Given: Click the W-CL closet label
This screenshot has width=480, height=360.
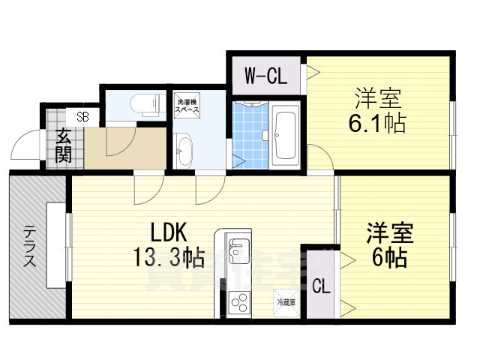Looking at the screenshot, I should click(x=265, y=75).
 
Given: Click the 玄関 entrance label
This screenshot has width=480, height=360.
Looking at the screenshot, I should click(x=63, y=148).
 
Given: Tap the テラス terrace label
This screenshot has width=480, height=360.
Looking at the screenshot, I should click(x=28, y=247).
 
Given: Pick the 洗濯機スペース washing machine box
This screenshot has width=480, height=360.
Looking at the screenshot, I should click(x=187, y=106).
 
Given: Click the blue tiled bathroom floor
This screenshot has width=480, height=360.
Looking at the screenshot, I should click(x=247, y=135).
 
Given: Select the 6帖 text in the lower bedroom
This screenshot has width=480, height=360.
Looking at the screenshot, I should click(x=387, y=258).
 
